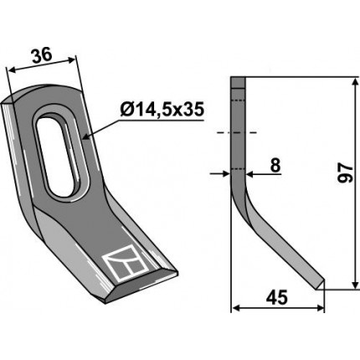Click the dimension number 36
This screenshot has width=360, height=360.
tap(42, 55)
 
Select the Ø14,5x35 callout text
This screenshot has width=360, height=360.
tap(162, 111)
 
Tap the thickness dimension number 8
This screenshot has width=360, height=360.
tap(275, 166)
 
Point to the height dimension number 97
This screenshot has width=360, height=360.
tap(347, 173)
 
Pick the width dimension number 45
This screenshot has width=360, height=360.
tap(276, 297)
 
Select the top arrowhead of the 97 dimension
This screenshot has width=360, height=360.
tap(355, 83)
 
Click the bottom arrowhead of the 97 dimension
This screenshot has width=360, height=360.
tap(355, 285)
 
